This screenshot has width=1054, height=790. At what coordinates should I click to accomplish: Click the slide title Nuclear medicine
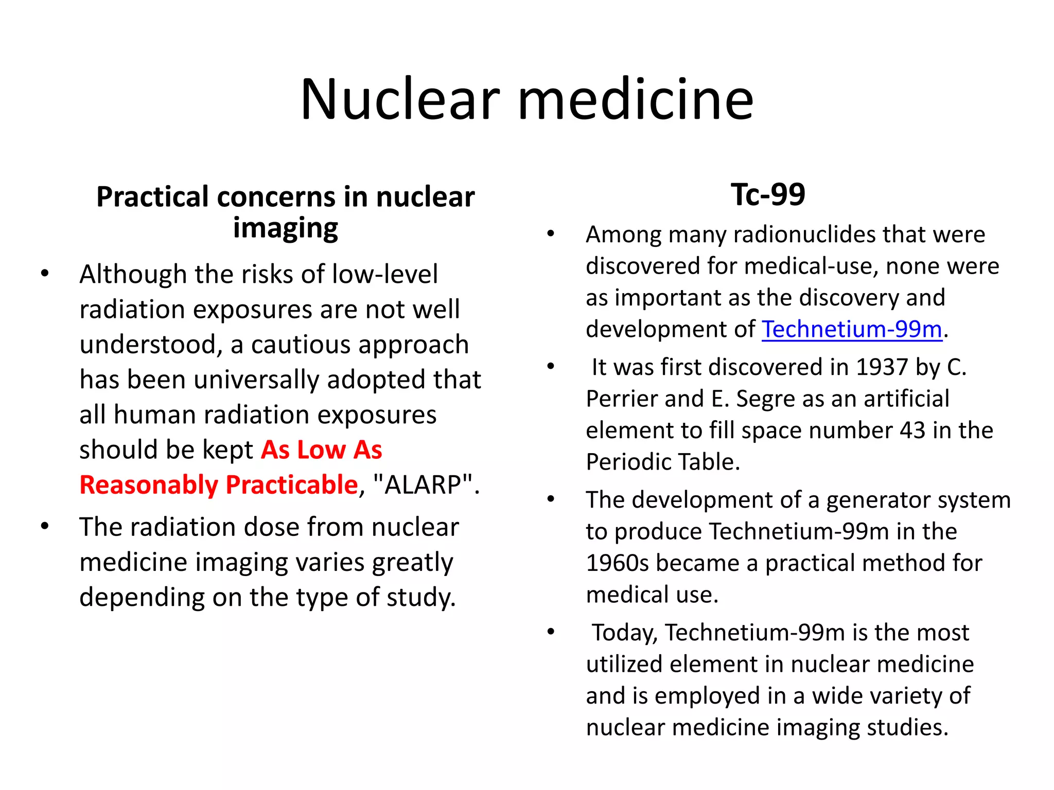tap(526, 99)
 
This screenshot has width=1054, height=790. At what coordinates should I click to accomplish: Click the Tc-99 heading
tap(768, 194)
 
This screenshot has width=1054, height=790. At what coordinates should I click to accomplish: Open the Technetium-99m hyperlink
tap(852, 329)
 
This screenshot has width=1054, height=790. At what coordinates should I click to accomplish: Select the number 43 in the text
tap(912, 430)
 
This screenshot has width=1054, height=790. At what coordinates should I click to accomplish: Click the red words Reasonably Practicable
tap(219, 484)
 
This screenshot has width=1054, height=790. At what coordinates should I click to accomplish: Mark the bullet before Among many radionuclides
tap(551, 235)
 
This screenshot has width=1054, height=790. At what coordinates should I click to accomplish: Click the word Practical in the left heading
tap(152, 197)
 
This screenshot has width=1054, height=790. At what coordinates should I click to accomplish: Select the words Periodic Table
tap(662, 462)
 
